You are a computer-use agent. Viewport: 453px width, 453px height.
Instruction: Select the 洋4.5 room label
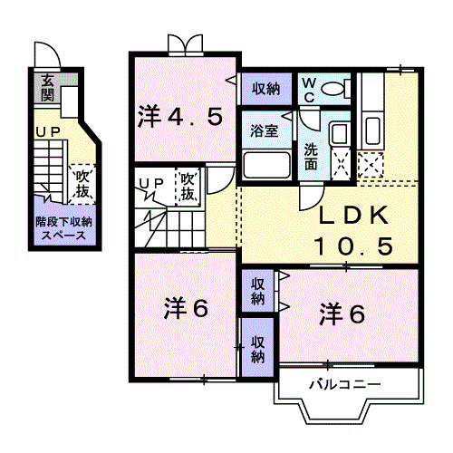180,116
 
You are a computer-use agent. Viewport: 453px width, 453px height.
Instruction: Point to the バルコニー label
344,384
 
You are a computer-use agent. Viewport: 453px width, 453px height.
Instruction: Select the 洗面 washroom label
311,157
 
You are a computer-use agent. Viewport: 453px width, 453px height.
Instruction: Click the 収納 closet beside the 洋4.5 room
265,89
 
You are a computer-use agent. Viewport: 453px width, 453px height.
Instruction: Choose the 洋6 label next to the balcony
342,314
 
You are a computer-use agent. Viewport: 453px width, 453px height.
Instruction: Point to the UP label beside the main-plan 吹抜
151,184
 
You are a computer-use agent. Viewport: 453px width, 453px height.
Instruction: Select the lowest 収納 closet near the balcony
258,348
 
